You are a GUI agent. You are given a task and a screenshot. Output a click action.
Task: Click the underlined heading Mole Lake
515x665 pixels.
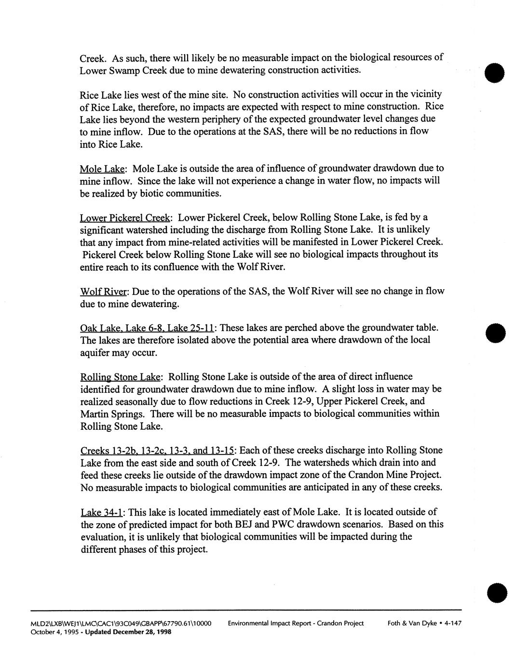(x=103, y=169)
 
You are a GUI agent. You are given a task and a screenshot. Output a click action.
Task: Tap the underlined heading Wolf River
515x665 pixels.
(x=103, y=292)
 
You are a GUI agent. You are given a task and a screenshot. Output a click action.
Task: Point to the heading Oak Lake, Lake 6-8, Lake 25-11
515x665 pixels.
(x=147, y=328)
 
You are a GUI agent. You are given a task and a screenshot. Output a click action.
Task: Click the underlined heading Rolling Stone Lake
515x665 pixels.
(x=121, y=377)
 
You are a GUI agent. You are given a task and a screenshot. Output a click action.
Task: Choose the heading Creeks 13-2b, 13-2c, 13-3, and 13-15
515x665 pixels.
(x=157, y=451)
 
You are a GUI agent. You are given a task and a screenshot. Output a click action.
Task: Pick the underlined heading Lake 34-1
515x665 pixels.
(x=101, y=512)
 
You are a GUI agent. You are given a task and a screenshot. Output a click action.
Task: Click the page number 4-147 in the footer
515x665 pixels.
(x=453, y=623)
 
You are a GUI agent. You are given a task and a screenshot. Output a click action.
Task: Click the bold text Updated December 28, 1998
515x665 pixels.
(x=128, y=632)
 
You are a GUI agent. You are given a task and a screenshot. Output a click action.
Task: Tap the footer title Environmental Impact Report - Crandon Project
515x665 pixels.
(x=296, y=623)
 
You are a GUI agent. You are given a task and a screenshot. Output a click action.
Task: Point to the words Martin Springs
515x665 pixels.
(x=112, y=414)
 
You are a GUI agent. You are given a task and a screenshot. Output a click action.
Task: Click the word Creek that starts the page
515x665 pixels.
(x=93, y=58)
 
